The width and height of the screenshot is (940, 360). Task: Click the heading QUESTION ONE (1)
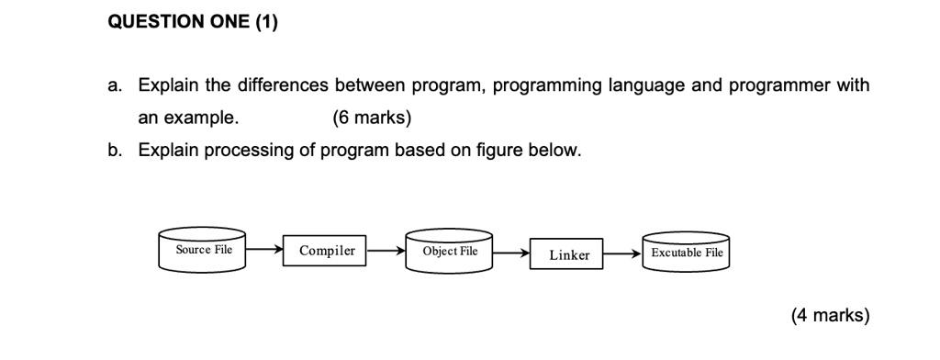(x=193, y=23)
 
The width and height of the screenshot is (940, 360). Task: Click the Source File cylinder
(x=203, y=250)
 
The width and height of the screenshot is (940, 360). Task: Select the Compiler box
(x=326, y=251)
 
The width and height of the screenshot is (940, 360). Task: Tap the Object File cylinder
(x=450, y=251)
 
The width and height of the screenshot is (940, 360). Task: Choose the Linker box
(x=569, y=254)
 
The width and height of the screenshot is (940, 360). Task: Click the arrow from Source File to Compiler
(x=264, y=249)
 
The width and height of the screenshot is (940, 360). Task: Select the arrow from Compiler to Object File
(x=386, y=250)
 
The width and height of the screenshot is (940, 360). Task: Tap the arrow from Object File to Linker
(x=511, y=253)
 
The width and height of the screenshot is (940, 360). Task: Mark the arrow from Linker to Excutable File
(x=624, y=253)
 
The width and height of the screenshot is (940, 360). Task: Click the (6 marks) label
(x=371, y=118)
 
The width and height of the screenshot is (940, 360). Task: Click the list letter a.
(x=114, y=86)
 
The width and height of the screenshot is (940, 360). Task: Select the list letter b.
(x=114, y=150)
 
